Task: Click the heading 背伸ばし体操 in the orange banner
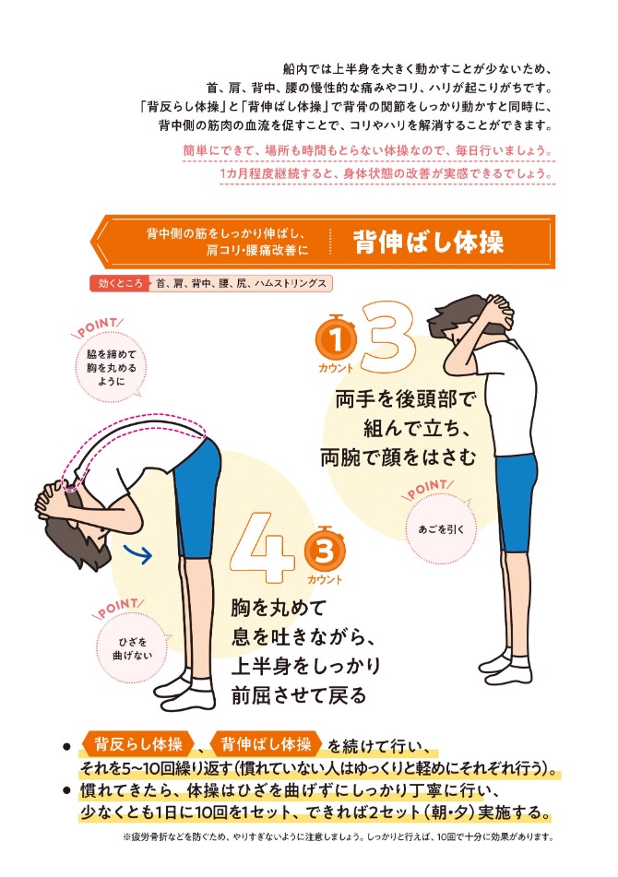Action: coord(428,243)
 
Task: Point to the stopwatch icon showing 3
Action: coord(324,551)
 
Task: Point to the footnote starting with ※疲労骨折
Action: coord(337,837)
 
